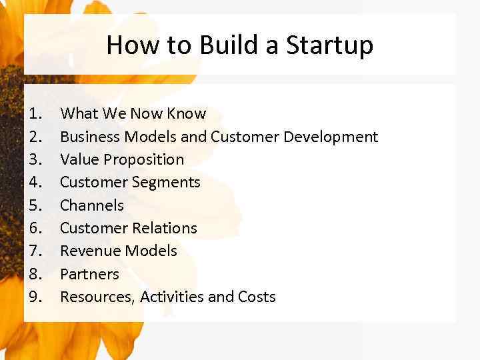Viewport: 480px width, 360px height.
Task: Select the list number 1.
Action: (x=36, y=114)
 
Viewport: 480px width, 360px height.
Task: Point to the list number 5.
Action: (x=36, y=205)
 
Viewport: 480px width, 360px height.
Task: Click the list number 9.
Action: (x=36, y=297)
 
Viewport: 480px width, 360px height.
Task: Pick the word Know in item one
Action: (x=186, y=114)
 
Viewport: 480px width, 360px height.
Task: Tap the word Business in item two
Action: (x=90, y=137)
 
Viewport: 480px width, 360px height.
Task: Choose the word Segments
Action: (x=167, y=182)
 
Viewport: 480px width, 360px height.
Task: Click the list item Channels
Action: (x=92, y=205)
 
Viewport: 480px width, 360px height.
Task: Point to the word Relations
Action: (x=163, y=228)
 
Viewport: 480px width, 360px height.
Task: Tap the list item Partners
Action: (x=89, y=274)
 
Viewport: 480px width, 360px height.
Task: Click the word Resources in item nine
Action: (x=97, y=297)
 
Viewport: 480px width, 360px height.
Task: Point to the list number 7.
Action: (x=36, y=251)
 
